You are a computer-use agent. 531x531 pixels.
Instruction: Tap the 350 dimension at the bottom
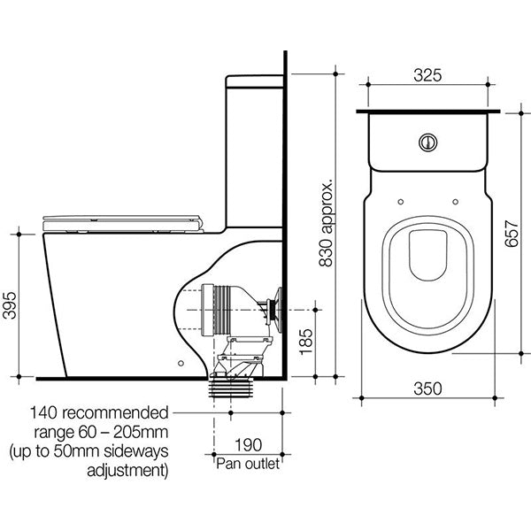428,387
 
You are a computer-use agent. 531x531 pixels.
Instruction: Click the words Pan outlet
249,463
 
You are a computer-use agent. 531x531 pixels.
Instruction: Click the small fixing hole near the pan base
181,361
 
